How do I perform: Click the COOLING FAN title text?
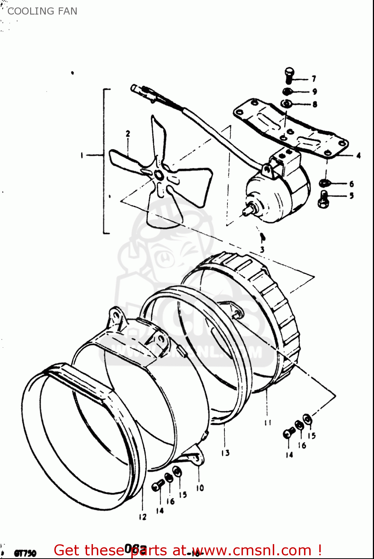42,11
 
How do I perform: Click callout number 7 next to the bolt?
314,79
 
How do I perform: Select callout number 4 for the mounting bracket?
358,155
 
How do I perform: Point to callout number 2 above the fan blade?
128,133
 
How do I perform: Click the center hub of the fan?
158,175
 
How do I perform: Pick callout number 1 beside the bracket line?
82,155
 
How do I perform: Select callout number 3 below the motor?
262,249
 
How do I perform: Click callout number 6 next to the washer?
351,184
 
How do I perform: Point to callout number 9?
314,91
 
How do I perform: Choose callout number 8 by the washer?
314,104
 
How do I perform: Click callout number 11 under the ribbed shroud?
268,423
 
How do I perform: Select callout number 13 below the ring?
225,453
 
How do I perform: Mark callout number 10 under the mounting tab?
200,488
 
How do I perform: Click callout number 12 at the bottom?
143,517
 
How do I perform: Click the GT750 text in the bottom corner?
25,553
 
